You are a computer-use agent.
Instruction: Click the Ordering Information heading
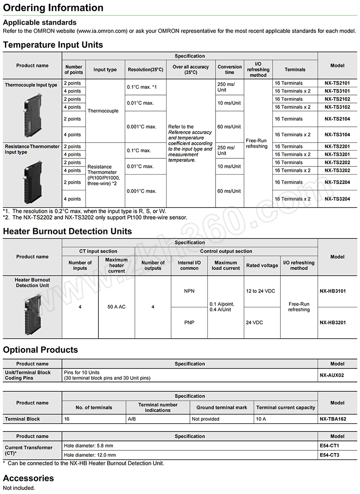(x=53, y=8)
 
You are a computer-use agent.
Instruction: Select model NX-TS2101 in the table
(x=337, y=83)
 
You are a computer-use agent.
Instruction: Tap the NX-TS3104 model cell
(x=337, y=135)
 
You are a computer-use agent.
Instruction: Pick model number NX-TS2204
(x=337, y=182)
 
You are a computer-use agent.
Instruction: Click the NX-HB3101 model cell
(x=337, y=291)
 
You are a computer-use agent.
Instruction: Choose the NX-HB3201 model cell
(x=337, y=323)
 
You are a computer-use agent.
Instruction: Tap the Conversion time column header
(x=229, y=70)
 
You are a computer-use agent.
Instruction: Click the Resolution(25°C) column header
(x=145, y=70)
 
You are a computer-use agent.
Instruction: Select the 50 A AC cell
(x=116, y=307)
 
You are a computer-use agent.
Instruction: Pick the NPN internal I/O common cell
(x=189, y=291)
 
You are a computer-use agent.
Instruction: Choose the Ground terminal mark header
(x=222, y=408)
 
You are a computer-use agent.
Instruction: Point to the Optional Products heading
(x=40, y=350)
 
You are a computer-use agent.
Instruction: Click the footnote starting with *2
(x=95, y=217)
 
